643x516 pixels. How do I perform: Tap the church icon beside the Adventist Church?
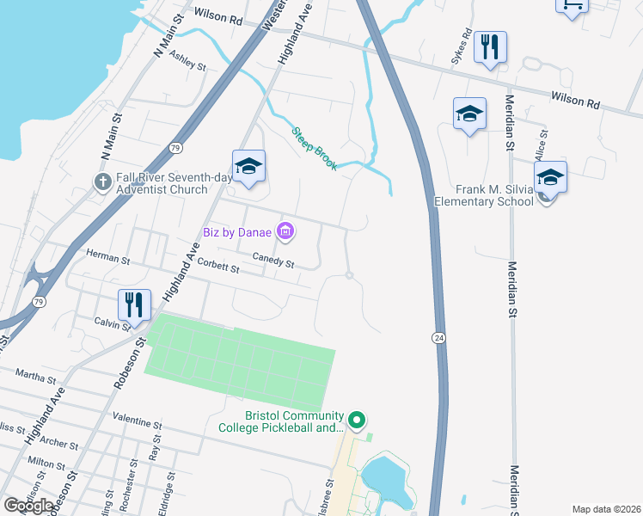click(101, 182)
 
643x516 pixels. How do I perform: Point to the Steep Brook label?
click(314, 149)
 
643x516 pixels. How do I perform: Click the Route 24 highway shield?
click(439, 339)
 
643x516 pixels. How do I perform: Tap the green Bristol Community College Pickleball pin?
click(358, 421)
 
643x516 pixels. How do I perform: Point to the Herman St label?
click(107, 255)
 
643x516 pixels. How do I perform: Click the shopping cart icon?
click(572, 4)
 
